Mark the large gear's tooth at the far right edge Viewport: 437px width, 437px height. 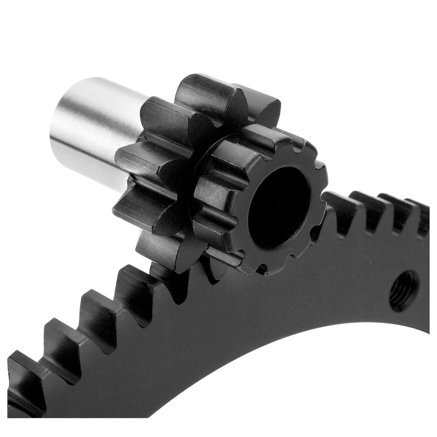421,216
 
